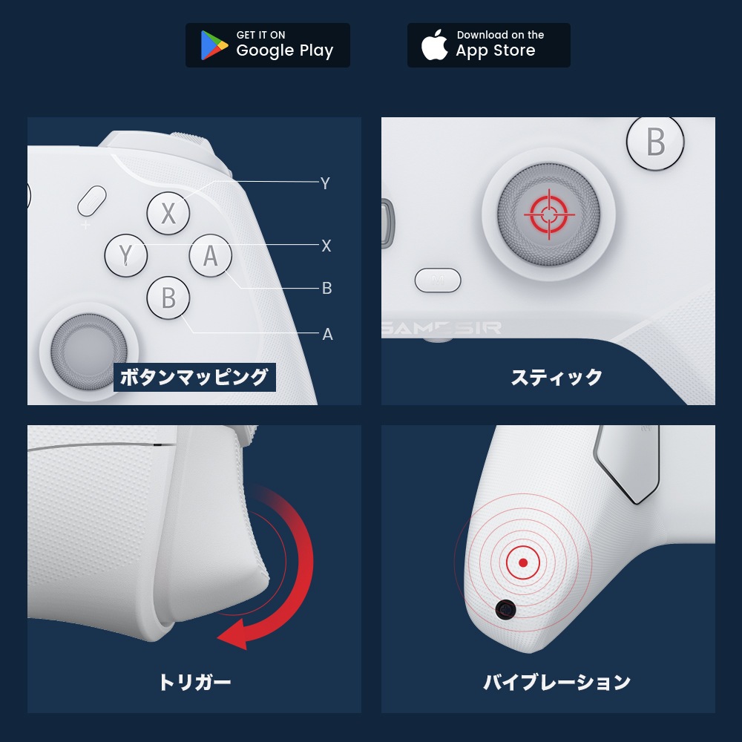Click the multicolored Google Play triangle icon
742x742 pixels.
214,45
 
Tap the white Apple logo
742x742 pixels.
435,45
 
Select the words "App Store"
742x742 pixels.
495,51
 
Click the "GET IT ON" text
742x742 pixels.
260,35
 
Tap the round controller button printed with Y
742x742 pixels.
125,256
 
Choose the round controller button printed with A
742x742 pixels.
211,256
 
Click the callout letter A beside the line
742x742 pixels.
327,335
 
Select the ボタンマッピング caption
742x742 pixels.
194,377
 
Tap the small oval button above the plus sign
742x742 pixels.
92,200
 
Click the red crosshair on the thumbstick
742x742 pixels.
548,214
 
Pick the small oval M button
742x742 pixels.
438,280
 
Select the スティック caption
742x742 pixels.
556,377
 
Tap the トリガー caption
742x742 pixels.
194,682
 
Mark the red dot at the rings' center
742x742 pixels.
523,563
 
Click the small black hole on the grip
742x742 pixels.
505,610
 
